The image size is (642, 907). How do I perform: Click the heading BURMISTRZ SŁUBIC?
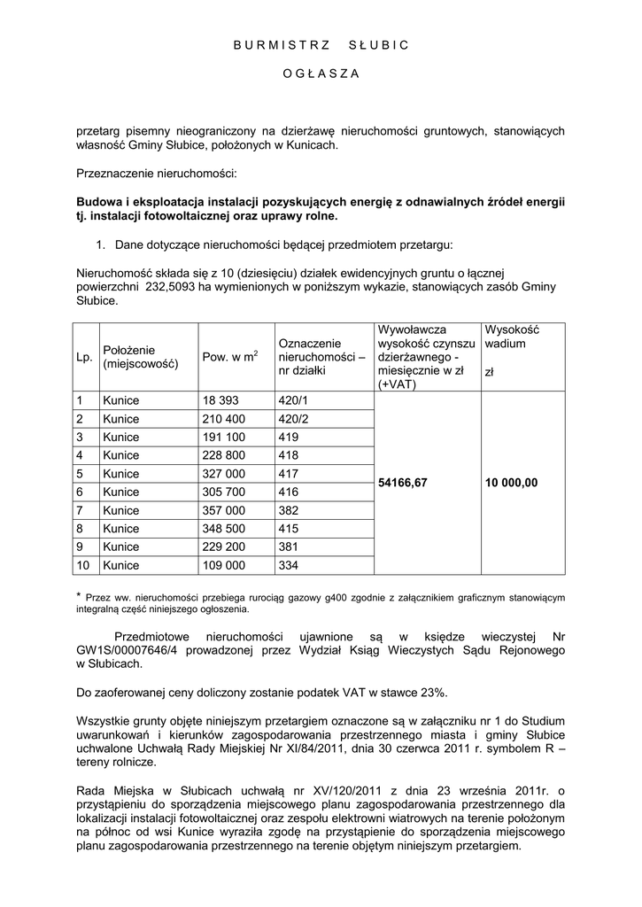coord(321,45)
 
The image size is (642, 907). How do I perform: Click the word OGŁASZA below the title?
coord(321,74)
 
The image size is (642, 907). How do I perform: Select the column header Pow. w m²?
coord(229,357)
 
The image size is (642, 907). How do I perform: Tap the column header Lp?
coord(84,357)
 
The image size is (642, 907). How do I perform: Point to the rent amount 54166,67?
coord(403,483)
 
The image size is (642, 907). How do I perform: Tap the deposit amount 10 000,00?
coord(512,483)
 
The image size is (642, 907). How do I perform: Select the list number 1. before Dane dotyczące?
coord(101,240)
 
